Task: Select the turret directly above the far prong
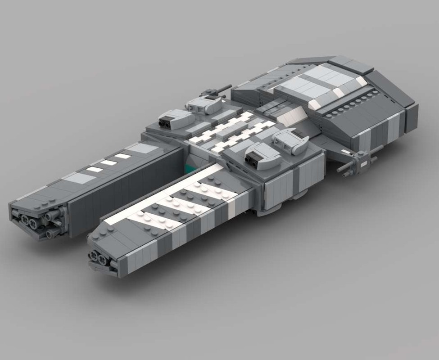[x=176, y=119]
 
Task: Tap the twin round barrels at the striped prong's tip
[x=98, y=258]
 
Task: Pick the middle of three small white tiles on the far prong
[x=109, y=162]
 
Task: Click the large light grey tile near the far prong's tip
[x=78, y=178]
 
